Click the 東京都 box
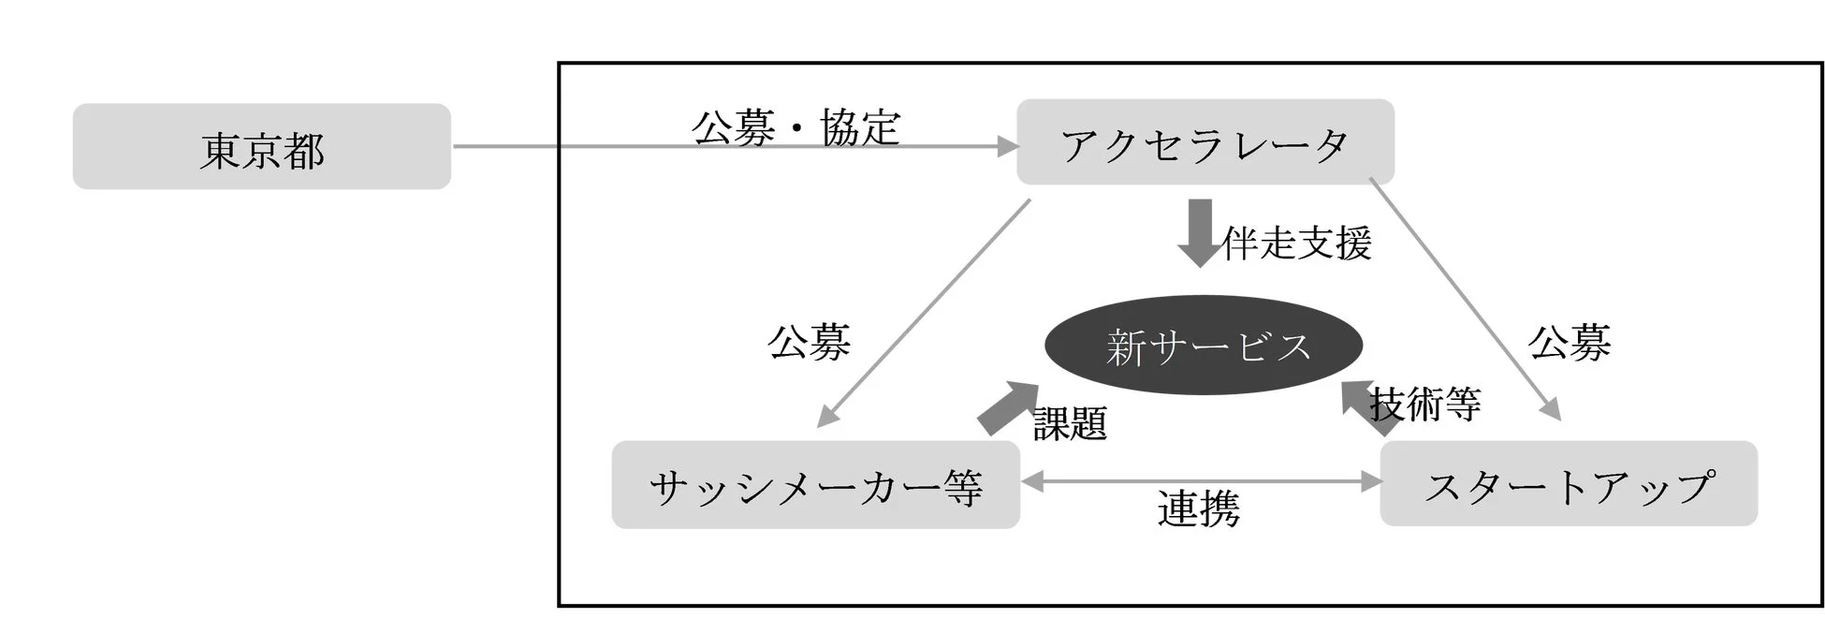point(262,147)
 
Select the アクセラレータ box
point(1205,142)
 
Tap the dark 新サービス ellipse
point(1204,346)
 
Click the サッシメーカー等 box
point(815,485)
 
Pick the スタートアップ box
point(1569,484)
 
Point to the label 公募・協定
point(796,126)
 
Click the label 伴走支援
point(1297,243)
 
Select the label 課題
point(1071,423)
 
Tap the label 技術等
point(1424,405)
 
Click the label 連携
point(1199,509)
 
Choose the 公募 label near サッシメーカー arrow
point(809,342)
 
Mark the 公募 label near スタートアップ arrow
point(1569,342)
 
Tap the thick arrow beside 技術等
point(1369,407)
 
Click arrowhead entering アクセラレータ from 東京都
point(1009,146)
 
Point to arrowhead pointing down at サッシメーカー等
point(826,417)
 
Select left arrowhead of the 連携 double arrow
point(1031,481)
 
